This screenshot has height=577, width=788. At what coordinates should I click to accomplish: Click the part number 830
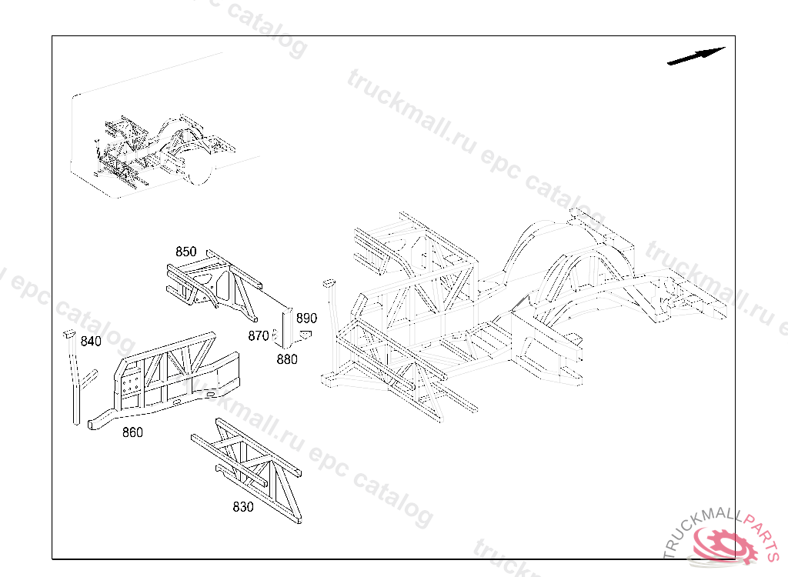point(243,507)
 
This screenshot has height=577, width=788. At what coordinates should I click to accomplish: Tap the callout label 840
point(91,342)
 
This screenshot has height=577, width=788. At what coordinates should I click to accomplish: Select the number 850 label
point(185,252)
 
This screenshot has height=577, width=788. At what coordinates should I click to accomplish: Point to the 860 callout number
point(132,432)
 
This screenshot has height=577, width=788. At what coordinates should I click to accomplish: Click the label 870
point(258,335)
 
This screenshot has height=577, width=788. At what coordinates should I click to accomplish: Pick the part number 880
point(287,359)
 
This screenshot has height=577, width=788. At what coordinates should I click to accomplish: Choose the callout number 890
point(306,318)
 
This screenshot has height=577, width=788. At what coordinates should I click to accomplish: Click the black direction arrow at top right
point(696,56)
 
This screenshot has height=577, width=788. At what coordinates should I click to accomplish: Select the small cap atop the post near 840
point(68,334)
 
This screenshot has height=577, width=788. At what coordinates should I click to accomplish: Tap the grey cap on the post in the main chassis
point(329,282)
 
